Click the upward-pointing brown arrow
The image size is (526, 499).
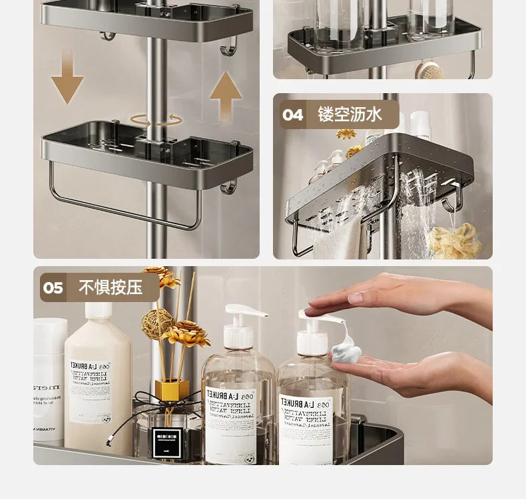point(225,94)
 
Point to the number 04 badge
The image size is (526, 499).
point(293,114)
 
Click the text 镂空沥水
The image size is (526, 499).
point(350,114)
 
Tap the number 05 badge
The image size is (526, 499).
point(53,287)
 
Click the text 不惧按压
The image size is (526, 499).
point(111,287)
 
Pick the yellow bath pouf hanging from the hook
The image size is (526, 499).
point(455,240)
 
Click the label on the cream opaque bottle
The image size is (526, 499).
point(91,389)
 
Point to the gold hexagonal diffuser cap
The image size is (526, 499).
point(170,389)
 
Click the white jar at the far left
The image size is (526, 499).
point(49,379)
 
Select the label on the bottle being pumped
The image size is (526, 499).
point(307,426)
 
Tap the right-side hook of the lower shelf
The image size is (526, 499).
point(228,186)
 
